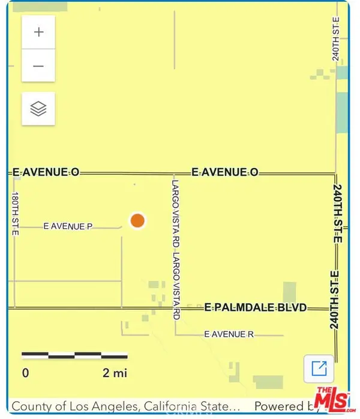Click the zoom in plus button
[x=38, y=32]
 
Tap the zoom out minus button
[x=38, y=65]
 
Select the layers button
[x=38, y=109]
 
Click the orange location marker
[x=137, y=220]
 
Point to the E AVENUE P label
[x=68, y=226]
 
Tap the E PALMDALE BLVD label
[x=256, y=307]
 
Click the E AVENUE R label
[x=225, y=334]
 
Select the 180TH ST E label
[x=15, y=214]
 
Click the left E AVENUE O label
[x=46, y=172]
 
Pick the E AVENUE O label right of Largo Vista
[x=224, y=172]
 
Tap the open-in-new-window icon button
[x=319, y=367]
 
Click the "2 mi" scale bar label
[x=115, y=373]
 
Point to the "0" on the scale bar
[x=25, y=373]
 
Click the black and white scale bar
[x=74, y=355]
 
